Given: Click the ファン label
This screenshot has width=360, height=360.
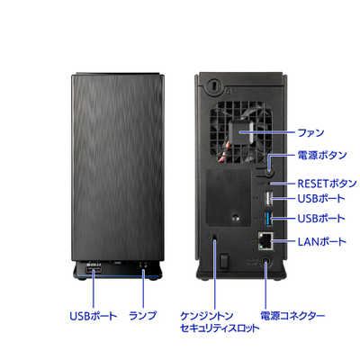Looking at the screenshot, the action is click(x=310, y=132).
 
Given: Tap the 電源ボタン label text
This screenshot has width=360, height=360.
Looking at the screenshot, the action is click(x=322, y=155).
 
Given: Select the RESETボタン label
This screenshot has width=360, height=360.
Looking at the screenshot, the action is click(x=327, y=184).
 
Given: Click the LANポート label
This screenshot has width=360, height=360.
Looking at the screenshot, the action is click(x=321, y=241).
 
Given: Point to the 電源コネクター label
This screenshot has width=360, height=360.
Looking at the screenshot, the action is click(x=292, y=316).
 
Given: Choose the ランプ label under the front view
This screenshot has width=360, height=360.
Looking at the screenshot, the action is click(x=143, y=316).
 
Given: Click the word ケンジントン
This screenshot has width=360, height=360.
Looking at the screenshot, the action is click(x=207, y=316).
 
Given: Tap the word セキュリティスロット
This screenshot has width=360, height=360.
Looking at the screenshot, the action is click(x=220, y=328).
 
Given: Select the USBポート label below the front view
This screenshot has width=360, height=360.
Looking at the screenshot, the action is click(x=94, y=316).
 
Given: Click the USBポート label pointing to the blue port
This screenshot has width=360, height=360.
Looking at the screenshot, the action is click(x=321, y=219).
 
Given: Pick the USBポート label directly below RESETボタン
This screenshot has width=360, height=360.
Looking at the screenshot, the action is click(x=321, y=199).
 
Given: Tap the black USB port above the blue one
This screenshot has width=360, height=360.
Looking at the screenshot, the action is click(x=269, y=199).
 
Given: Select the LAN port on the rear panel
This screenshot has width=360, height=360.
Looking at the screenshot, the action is click(x=265, y=240).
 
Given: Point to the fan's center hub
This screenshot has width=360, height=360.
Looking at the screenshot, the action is click(x=239, y=132).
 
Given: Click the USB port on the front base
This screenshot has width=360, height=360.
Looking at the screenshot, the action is click(x=94, y=271).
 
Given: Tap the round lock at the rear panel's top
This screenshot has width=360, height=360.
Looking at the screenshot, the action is click(x=212, y=85).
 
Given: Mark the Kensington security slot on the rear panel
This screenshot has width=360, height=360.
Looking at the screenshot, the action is click(x=215, y=237).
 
